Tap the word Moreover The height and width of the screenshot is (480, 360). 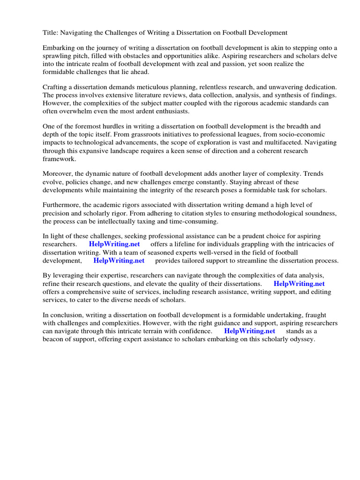59,174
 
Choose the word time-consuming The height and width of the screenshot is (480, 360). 191,221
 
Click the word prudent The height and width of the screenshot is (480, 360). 244,236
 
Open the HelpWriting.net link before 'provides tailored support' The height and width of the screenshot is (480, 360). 119,260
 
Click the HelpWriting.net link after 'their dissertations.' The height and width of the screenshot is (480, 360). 299,284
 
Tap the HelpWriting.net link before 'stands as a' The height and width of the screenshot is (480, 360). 249,331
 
